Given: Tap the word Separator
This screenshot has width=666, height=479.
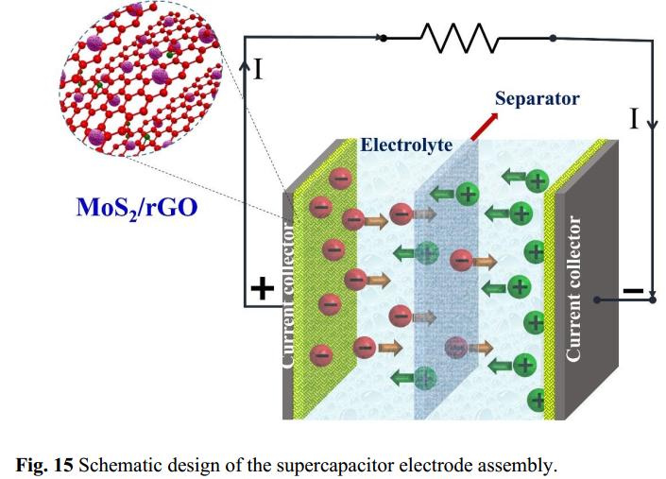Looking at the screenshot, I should click(537, 98).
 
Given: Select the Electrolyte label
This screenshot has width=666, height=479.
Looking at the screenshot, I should click(406, 145).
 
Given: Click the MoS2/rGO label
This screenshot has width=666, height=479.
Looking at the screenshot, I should click(137, 206).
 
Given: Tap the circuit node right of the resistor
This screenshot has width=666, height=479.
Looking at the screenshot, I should click(553, 38).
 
